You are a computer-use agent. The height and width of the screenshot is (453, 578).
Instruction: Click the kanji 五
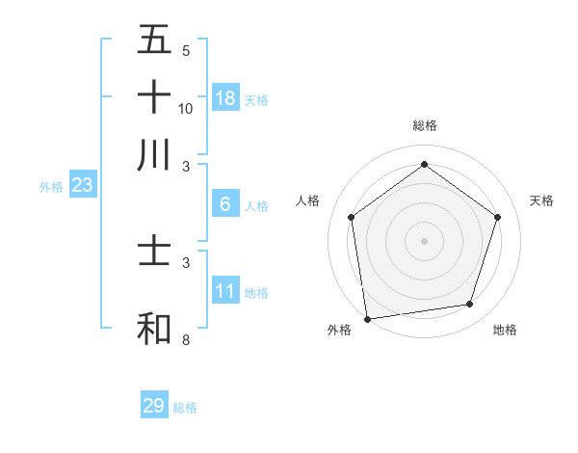pos(154,41)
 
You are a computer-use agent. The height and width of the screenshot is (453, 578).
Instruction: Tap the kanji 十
pos(154,97)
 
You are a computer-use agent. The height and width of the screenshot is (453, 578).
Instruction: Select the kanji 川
pos(154,154)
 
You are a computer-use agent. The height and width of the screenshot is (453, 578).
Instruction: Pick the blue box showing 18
pos(225,97)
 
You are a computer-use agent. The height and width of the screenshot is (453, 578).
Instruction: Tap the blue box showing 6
pos(225,203)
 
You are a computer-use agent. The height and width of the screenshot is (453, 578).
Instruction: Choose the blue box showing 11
pos(225,291)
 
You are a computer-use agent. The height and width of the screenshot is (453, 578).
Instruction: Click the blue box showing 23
pos(81,185)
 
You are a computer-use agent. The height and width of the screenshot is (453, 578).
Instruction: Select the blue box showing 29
pos(153,406)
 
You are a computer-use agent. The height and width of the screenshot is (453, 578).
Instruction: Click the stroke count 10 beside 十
pos(186,108)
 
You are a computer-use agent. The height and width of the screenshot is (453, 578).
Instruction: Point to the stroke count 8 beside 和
pos(185,340)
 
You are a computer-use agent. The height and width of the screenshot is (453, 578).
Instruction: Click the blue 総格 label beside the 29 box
pos(186,408)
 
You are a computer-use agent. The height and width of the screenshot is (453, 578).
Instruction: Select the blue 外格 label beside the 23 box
pos(51,187)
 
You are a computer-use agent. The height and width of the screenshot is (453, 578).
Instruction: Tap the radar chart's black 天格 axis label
pos(541,200)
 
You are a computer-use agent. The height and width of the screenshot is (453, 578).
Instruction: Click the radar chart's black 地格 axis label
pos(505,330)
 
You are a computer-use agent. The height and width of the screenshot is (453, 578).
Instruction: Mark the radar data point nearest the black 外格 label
pos(367,318)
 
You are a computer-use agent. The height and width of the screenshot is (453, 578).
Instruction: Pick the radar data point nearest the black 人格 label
pos(352,217)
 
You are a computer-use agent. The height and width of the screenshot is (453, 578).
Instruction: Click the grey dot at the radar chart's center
pos(424,240)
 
